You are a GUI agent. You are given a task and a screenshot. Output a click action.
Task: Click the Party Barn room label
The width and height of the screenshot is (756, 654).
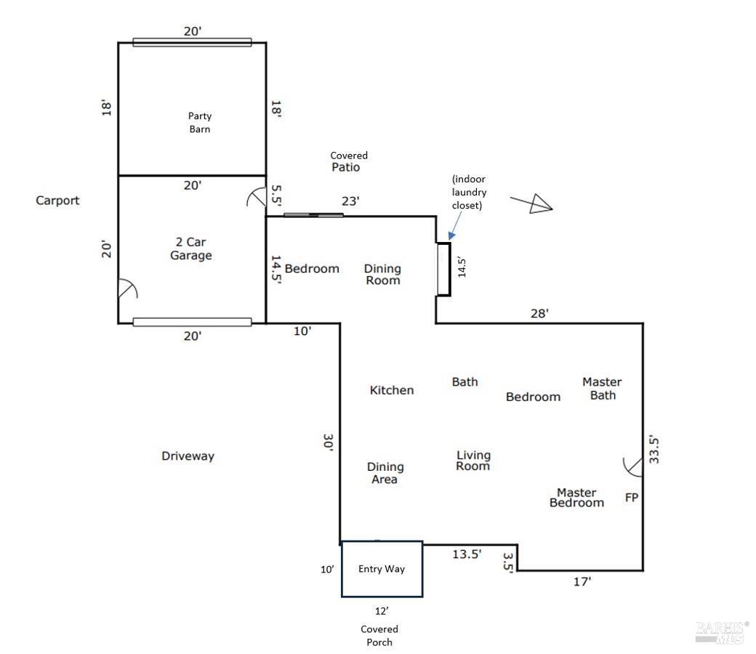click(x=200, y=122)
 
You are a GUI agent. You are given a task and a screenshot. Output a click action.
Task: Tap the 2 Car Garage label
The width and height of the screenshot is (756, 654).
click(x=191, y=249)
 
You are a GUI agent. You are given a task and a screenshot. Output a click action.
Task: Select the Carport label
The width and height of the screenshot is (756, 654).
click(x=57, y=201)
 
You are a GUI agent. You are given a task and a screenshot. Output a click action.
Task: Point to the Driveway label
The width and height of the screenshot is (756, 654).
click(x=188, y=456)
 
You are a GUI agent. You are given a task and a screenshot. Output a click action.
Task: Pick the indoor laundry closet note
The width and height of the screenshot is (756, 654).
click(x=469, y=192)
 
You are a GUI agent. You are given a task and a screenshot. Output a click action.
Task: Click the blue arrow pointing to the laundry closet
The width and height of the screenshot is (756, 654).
click(x=456, y=225)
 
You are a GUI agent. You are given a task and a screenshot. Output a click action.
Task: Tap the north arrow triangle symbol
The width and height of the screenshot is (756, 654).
click(x=540, y=204)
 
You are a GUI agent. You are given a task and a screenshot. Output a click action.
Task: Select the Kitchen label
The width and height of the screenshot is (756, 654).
click(x=392, y=390)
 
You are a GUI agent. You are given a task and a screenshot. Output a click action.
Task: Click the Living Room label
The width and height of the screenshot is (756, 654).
click(x=473, y=460)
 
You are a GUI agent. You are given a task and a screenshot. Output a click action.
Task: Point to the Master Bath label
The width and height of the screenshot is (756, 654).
click(x=602, y=389)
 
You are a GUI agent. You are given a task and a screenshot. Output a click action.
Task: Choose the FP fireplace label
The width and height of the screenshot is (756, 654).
click(x=632, y=497)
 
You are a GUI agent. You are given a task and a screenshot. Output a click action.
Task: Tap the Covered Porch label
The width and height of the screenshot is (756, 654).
click(x=379, y=636)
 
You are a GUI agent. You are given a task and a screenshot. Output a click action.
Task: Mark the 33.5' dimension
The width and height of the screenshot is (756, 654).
click(x=654, y=450)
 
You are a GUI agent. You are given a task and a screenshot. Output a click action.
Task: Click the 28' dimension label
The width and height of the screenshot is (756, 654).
click(x=539, y=313)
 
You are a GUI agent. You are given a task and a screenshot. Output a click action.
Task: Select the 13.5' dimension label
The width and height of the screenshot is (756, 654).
click(x=467, y=554)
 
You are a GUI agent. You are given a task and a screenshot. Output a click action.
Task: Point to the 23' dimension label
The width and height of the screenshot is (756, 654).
click(x=350, y=201)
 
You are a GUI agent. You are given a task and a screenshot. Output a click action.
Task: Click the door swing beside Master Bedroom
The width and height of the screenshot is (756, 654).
click(x=632, y=467)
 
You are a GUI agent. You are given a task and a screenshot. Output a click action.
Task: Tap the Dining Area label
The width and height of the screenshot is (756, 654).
click(x=385, y=473)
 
